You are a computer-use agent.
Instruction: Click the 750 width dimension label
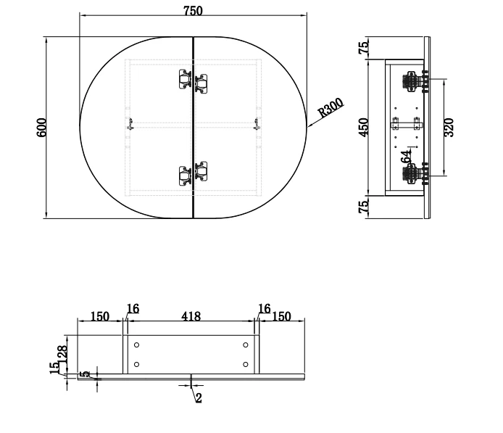[193, 11]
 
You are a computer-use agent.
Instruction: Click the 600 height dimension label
[42, 128]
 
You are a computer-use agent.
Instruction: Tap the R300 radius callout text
[331, 107]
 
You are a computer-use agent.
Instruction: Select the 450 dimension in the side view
[364, 128]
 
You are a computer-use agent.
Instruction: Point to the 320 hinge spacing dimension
[449, 128]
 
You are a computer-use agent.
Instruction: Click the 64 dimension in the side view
[406, 157]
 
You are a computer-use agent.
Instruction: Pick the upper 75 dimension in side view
[364, 48]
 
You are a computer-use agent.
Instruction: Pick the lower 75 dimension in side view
[364, 207]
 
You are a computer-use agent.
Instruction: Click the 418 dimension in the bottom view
[191, 316]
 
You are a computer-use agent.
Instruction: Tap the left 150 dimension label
[100, 316]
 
